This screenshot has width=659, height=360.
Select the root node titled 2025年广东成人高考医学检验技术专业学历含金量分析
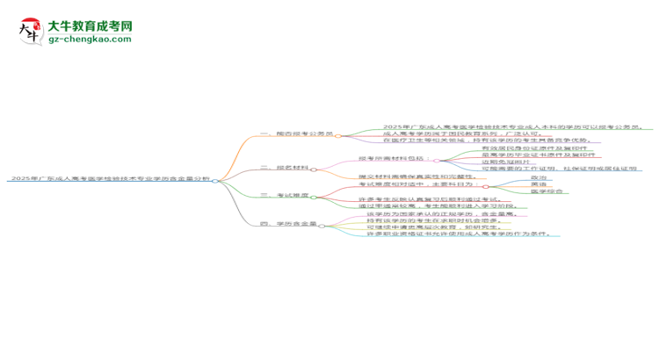click(108, 179)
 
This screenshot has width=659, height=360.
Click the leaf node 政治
click(539, 177)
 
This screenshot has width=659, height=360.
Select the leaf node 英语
click(539, 185)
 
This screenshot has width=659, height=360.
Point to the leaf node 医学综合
click(544, 192)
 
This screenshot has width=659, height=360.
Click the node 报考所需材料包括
click(395, 159)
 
